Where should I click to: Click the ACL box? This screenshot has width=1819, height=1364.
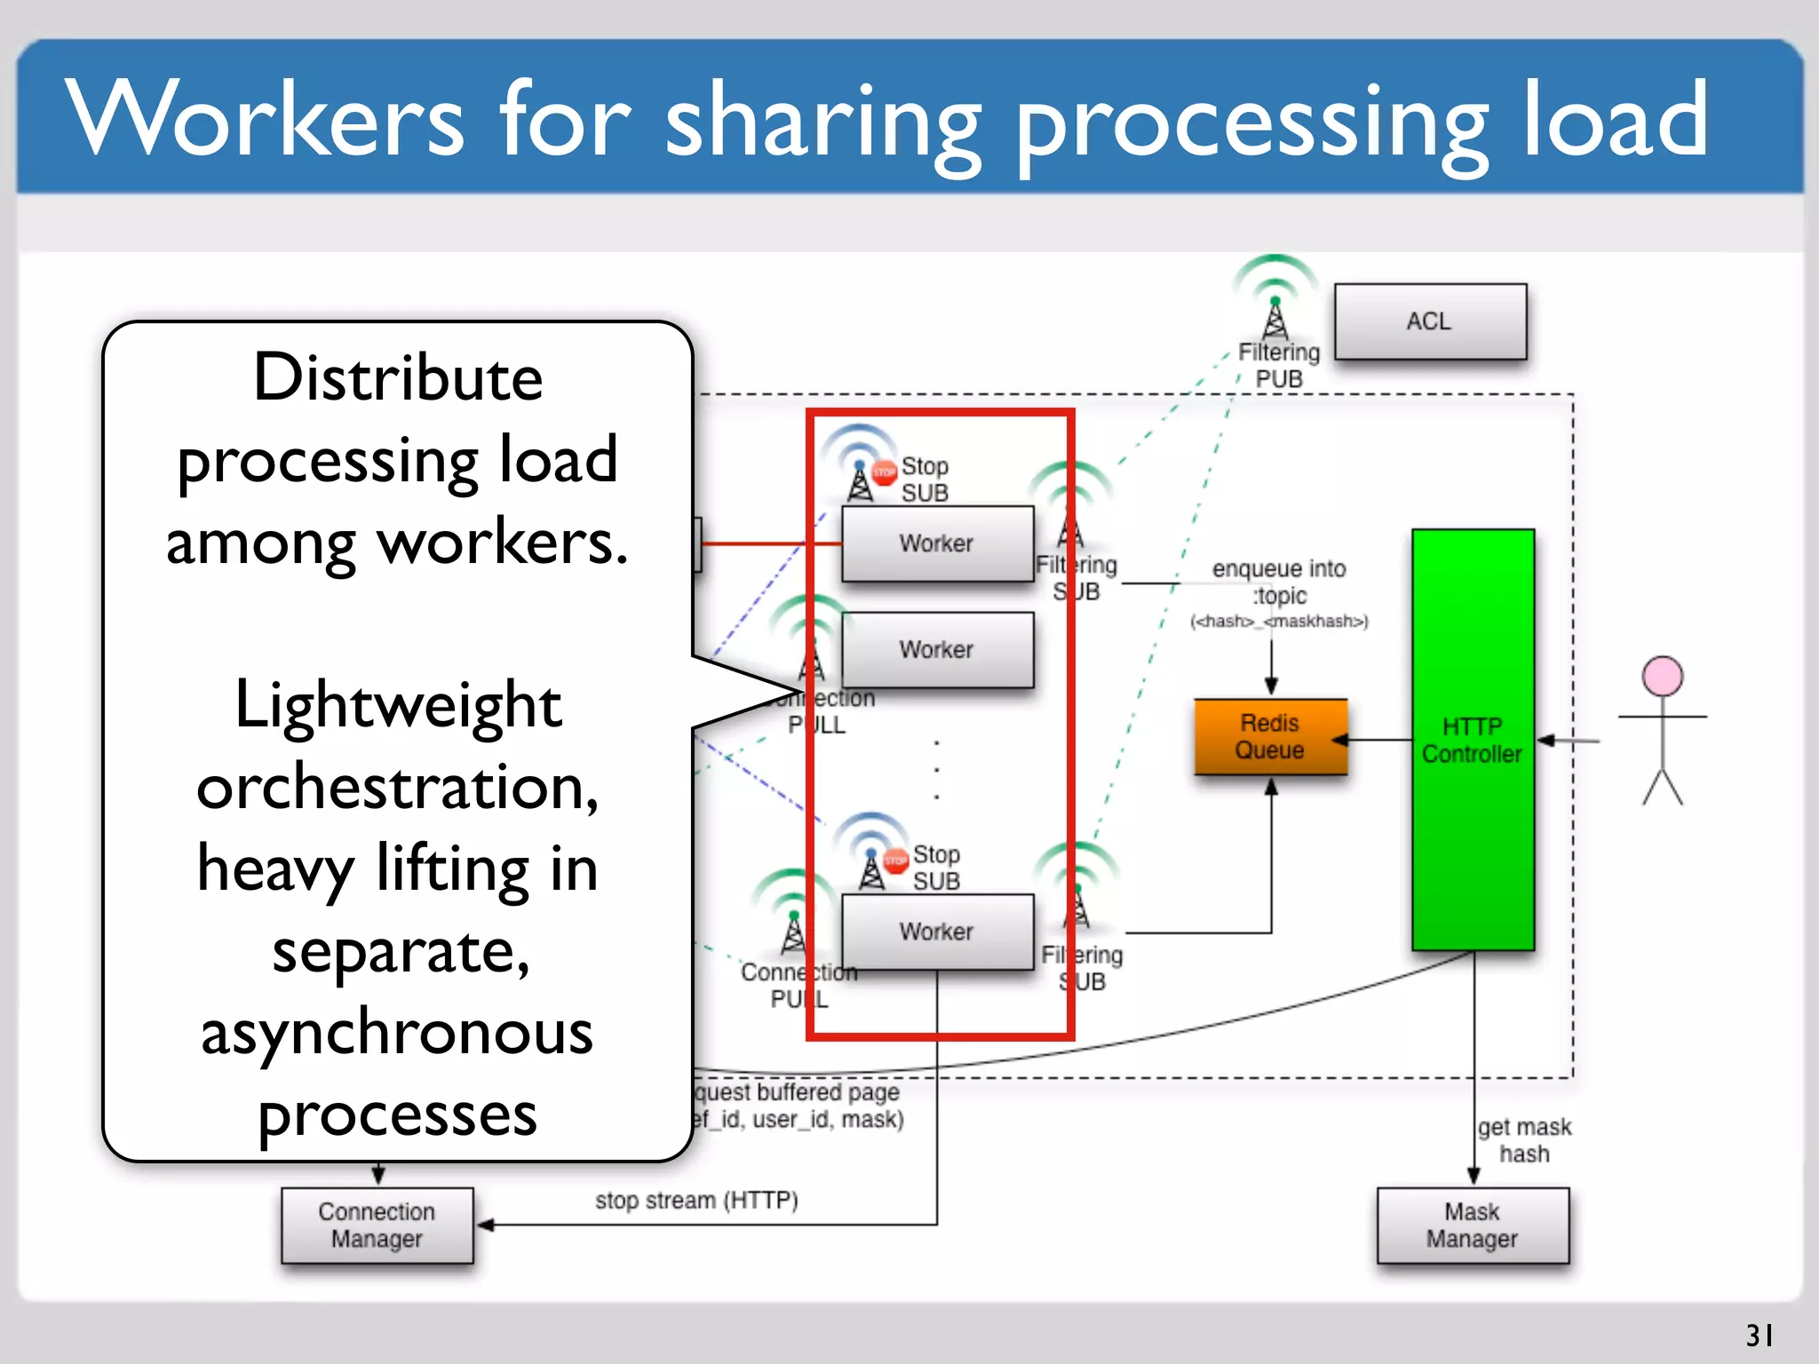1430,321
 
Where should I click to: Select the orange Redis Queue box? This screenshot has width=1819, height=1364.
1270,737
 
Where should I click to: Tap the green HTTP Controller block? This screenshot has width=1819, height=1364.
1473,740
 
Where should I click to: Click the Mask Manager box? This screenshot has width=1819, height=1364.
1472,1225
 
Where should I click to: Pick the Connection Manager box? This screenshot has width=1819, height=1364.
377,1225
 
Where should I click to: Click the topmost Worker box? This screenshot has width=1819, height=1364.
937,543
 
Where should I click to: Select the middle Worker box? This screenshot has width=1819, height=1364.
937,650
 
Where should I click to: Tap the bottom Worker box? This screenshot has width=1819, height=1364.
937,932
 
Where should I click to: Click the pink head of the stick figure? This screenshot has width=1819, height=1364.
1662,677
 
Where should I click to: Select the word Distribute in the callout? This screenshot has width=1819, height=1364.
398,377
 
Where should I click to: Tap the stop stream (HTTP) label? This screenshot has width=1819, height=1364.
696,1201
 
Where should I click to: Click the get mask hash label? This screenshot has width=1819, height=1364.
1524,1140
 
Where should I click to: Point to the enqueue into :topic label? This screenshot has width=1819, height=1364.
1279,582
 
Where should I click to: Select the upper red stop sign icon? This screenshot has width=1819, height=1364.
884,472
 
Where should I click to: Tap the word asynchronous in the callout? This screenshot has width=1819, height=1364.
398,1035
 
